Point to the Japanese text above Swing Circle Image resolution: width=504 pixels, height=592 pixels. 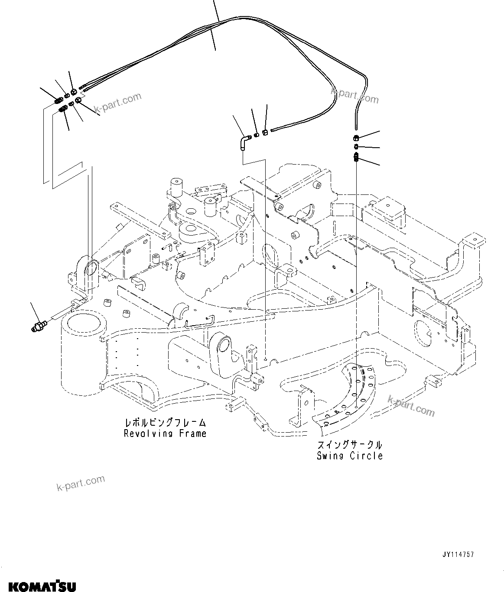click(349, 445)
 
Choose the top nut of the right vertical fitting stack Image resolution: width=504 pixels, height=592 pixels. click(356, 139)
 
